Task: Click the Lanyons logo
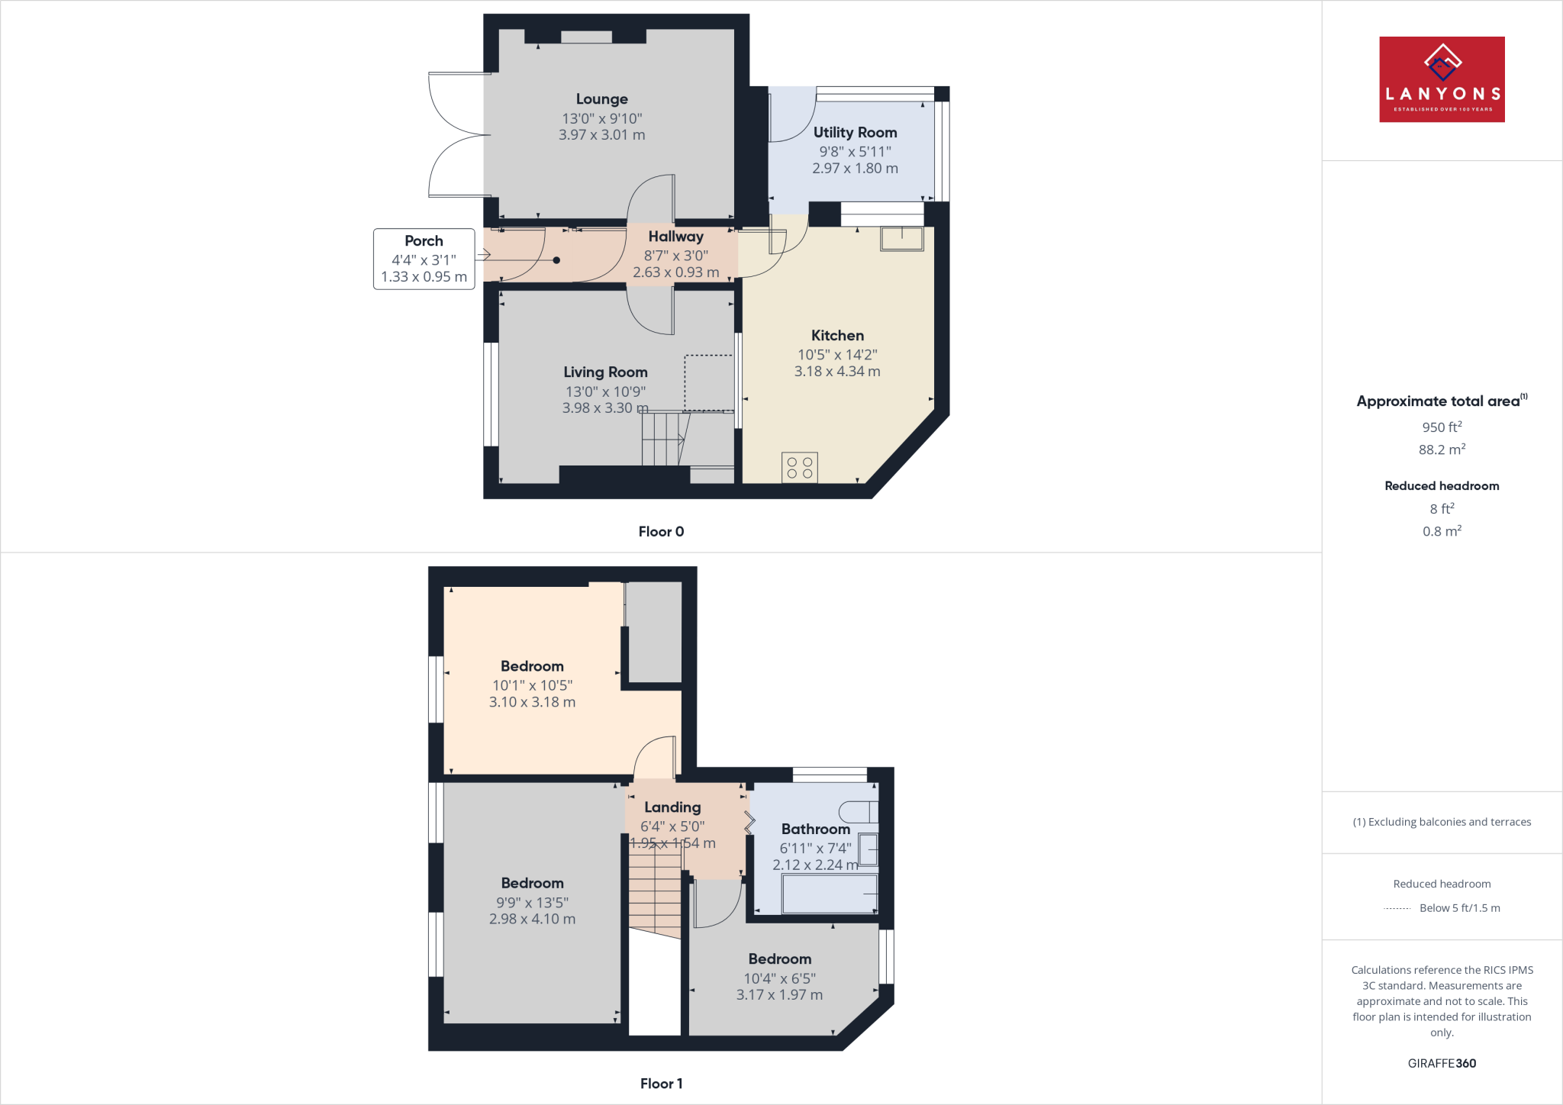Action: click(x=1441, y=79)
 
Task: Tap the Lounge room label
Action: click(x=601, y=99)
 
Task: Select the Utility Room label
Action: click(x=855, y=133)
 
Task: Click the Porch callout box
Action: click(x=424, y=259)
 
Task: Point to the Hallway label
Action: click(x=675, y=237)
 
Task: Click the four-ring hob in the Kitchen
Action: click(x=799, y=468)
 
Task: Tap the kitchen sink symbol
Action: click(x=901, y=238)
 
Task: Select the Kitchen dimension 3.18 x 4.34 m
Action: click(x=837, y=372)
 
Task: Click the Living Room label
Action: click(x=605, y=372)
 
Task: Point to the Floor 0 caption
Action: click(x=661, y=532)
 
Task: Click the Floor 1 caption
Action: click(x=661, y=1084)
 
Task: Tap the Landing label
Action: click(x=672, y=807)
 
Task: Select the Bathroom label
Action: click(x=815, y=830)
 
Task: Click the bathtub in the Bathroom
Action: click(x=830, y=894)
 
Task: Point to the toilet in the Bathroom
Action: click(x=859, y=812)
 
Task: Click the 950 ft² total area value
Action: click(x=1442, y=427)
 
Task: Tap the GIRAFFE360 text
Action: click(x=1442, y=1064)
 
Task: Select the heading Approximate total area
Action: click(x=1438, y=401)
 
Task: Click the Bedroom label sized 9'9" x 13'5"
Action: click(x=532, y=884)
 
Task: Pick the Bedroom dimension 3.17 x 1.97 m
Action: click(x=779, y=995)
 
